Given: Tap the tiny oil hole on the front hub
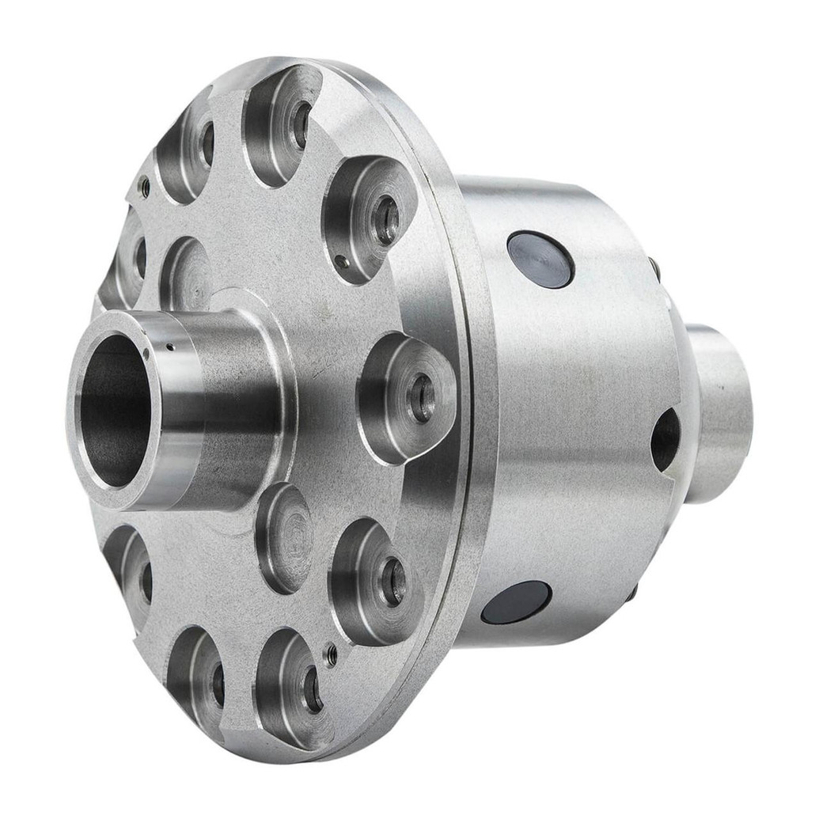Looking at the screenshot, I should pyautogui.click(x=169, y=346).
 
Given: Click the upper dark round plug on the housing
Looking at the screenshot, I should pyautogui.click(x=540, y=260).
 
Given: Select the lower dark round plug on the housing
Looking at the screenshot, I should pyautogui.click(x=516, y=602).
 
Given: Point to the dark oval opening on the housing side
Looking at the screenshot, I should pyautogui.click(x=665, y=440).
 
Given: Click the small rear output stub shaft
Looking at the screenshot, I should pyautogui.click(x=720, y=411).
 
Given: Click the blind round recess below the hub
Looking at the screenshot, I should pyautogui.click(x=285, y=538).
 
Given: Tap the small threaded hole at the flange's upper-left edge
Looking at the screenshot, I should pyautogui.click(x=144, y=187).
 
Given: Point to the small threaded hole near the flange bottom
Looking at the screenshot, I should pyautogui.click(x=332, y=654).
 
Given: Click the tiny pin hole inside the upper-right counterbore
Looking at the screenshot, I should pyautogui.click(x=340, y=260).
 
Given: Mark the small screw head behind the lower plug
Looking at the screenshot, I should pyautogui.click(x=631, y=592).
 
